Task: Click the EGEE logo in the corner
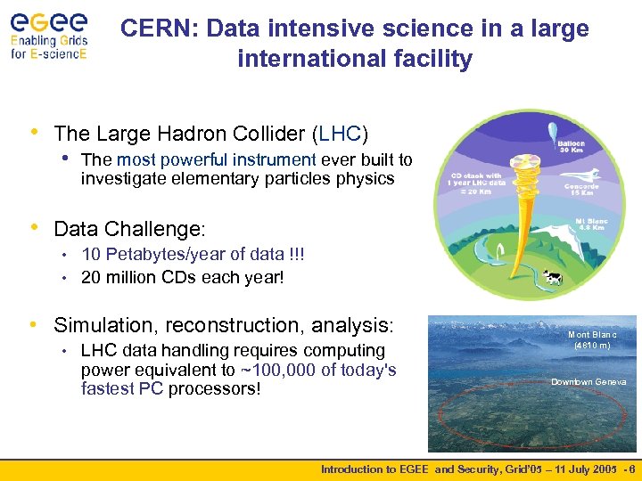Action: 48,34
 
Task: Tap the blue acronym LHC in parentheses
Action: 341,134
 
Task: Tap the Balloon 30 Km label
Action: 572,145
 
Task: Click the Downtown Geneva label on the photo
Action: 588,382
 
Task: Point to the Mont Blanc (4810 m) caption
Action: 591,340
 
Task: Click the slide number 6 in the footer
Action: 631,469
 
